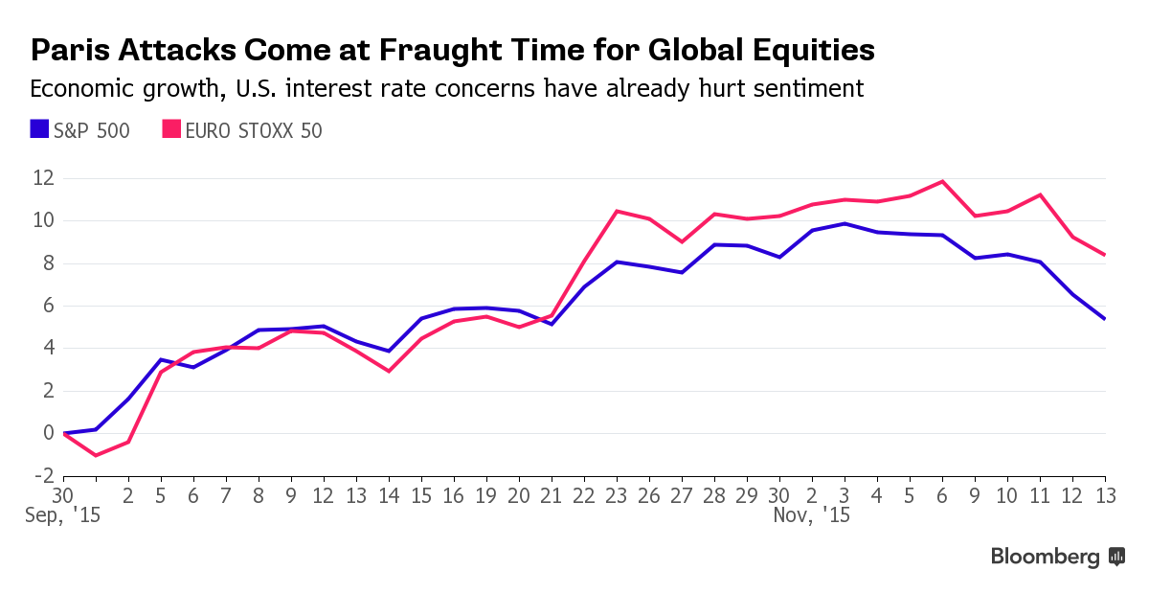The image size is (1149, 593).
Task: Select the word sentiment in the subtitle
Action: [x=802, y=89]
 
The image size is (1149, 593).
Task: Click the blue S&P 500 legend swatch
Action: [x=39, y=129]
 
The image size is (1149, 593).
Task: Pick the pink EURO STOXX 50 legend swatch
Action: [x=170, y=129]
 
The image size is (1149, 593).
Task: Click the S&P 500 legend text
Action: [x=92, y=130]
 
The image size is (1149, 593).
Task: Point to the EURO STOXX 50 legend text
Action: [x=254, y=130]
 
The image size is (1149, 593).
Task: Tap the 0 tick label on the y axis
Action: [x=49, y=433]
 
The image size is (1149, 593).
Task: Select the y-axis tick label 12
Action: [x=42, y=178]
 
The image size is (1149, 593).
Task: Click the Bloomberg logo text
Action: [x=1045, y=557]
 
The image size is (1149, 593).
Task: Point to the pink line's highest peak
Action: [x=943, y=181]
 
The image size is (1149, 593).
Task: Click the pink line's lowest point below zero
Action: [x=96, y=455]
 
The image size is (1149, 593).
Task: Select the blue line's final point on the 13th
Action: [x=1105, y=319]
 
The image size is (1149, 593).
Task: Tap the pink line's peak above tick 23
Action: [x=617, y=211]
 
